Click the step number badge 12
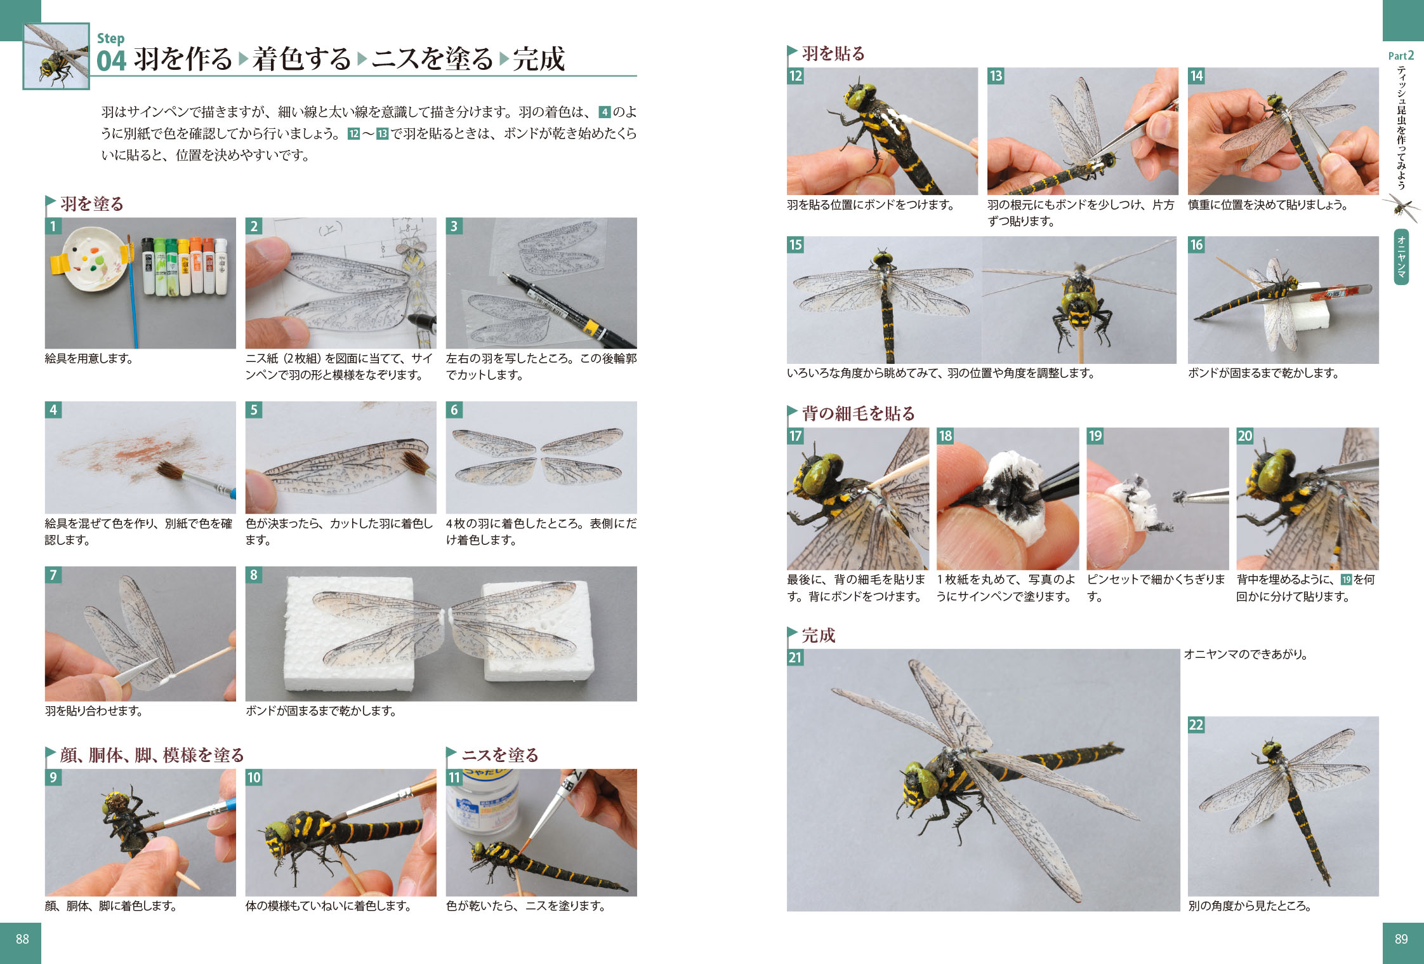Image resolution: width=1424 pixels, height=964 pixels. tap(795, 76)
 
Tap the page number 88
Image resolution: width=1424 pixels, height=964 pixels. tap(22, 939)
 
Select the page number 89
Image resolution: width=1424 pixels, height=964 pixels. tap(1401, 939)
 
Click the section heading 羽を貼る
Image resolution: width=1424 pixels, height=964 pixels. tap(833, 53)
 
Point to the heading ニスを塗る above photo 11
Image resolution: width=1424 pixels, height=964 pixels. tap(500, 754)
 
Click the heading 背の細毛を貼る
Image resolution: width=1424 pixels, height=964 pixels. tap(859, 413)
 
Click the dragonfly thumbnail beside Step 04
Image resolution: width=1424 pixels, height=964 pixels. tap(56, 56)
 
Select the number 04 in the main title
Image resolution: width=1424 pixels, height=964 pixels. tap(112, 60)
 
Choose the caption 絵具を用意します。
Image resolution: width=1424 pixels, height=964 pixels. tap(89, 358)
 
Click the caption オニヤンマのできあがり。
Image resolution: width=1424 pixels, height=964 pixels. tap(1246, 654)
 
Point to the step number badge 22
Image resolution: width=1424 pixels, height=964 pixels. tap(1196, 725)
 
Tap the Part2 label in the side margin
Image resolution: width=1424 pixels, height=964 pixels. tap(1401, 56)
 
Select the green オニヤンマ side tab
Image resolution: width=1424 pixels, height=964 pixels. tap(1401, 257)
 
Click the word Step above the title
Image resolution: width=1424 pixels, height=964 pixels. tap(110, 38)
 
